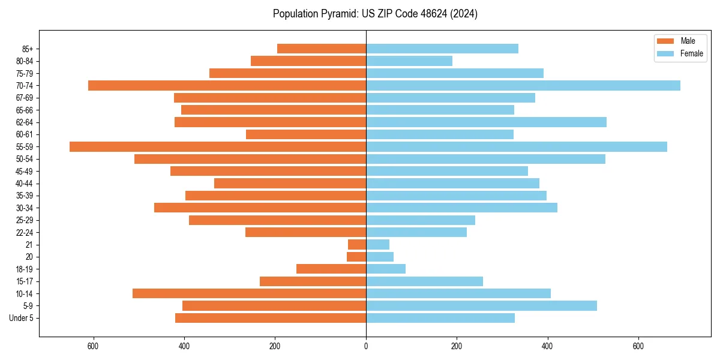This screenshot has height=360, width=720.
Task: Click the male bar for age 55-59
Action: (x=218, y=146)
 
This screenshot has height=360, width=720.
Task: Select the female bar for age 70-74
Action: (x=523, y=85)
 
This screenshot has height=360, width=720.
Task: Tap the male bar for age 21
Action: (x=357, y=244)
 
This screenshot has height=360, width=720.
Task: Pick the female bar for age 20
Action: (x=380, y=257)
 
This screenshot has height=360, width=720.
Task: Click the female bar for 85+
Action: (x=442, y=49)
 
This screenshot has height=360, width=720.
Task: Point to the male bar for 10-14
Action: (x=250, y=293)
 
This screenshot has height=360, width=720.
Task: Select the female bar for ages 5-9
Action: (x=481, y=305)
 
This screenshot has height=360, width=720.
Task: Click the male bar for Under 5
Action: (x=271, y=318)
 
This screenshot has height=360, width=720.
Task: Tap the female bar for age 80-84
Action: (x=409, y=61)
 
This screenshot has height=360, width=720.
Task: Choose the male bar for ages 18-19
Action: (x=331, y=269)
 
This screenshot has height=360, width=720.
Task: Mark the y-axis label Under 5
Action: (x=22, y=318)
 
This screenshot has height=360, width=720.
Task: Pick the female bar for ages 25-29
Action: (x=421, y=220)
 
